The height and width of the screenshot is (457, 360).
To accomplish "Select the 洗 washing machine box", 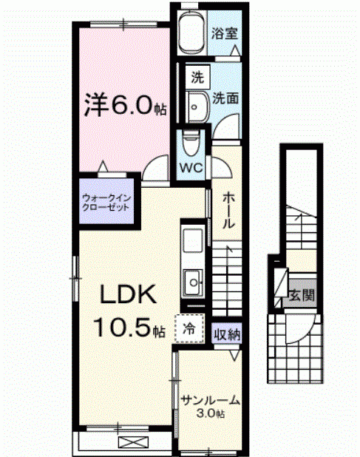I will pyautogui.click(x=197, y=76).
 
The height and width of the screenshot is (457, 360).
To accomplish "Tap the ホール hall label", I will pyautogui.click(x=229, y=211).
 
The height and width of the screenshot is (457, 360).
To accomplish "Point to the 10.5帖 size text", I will pyautogui.click(x=127, y=327).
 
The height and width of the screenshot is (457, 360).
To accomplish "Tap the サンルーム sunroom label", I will pyautogui.click(x=211, y=400).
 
